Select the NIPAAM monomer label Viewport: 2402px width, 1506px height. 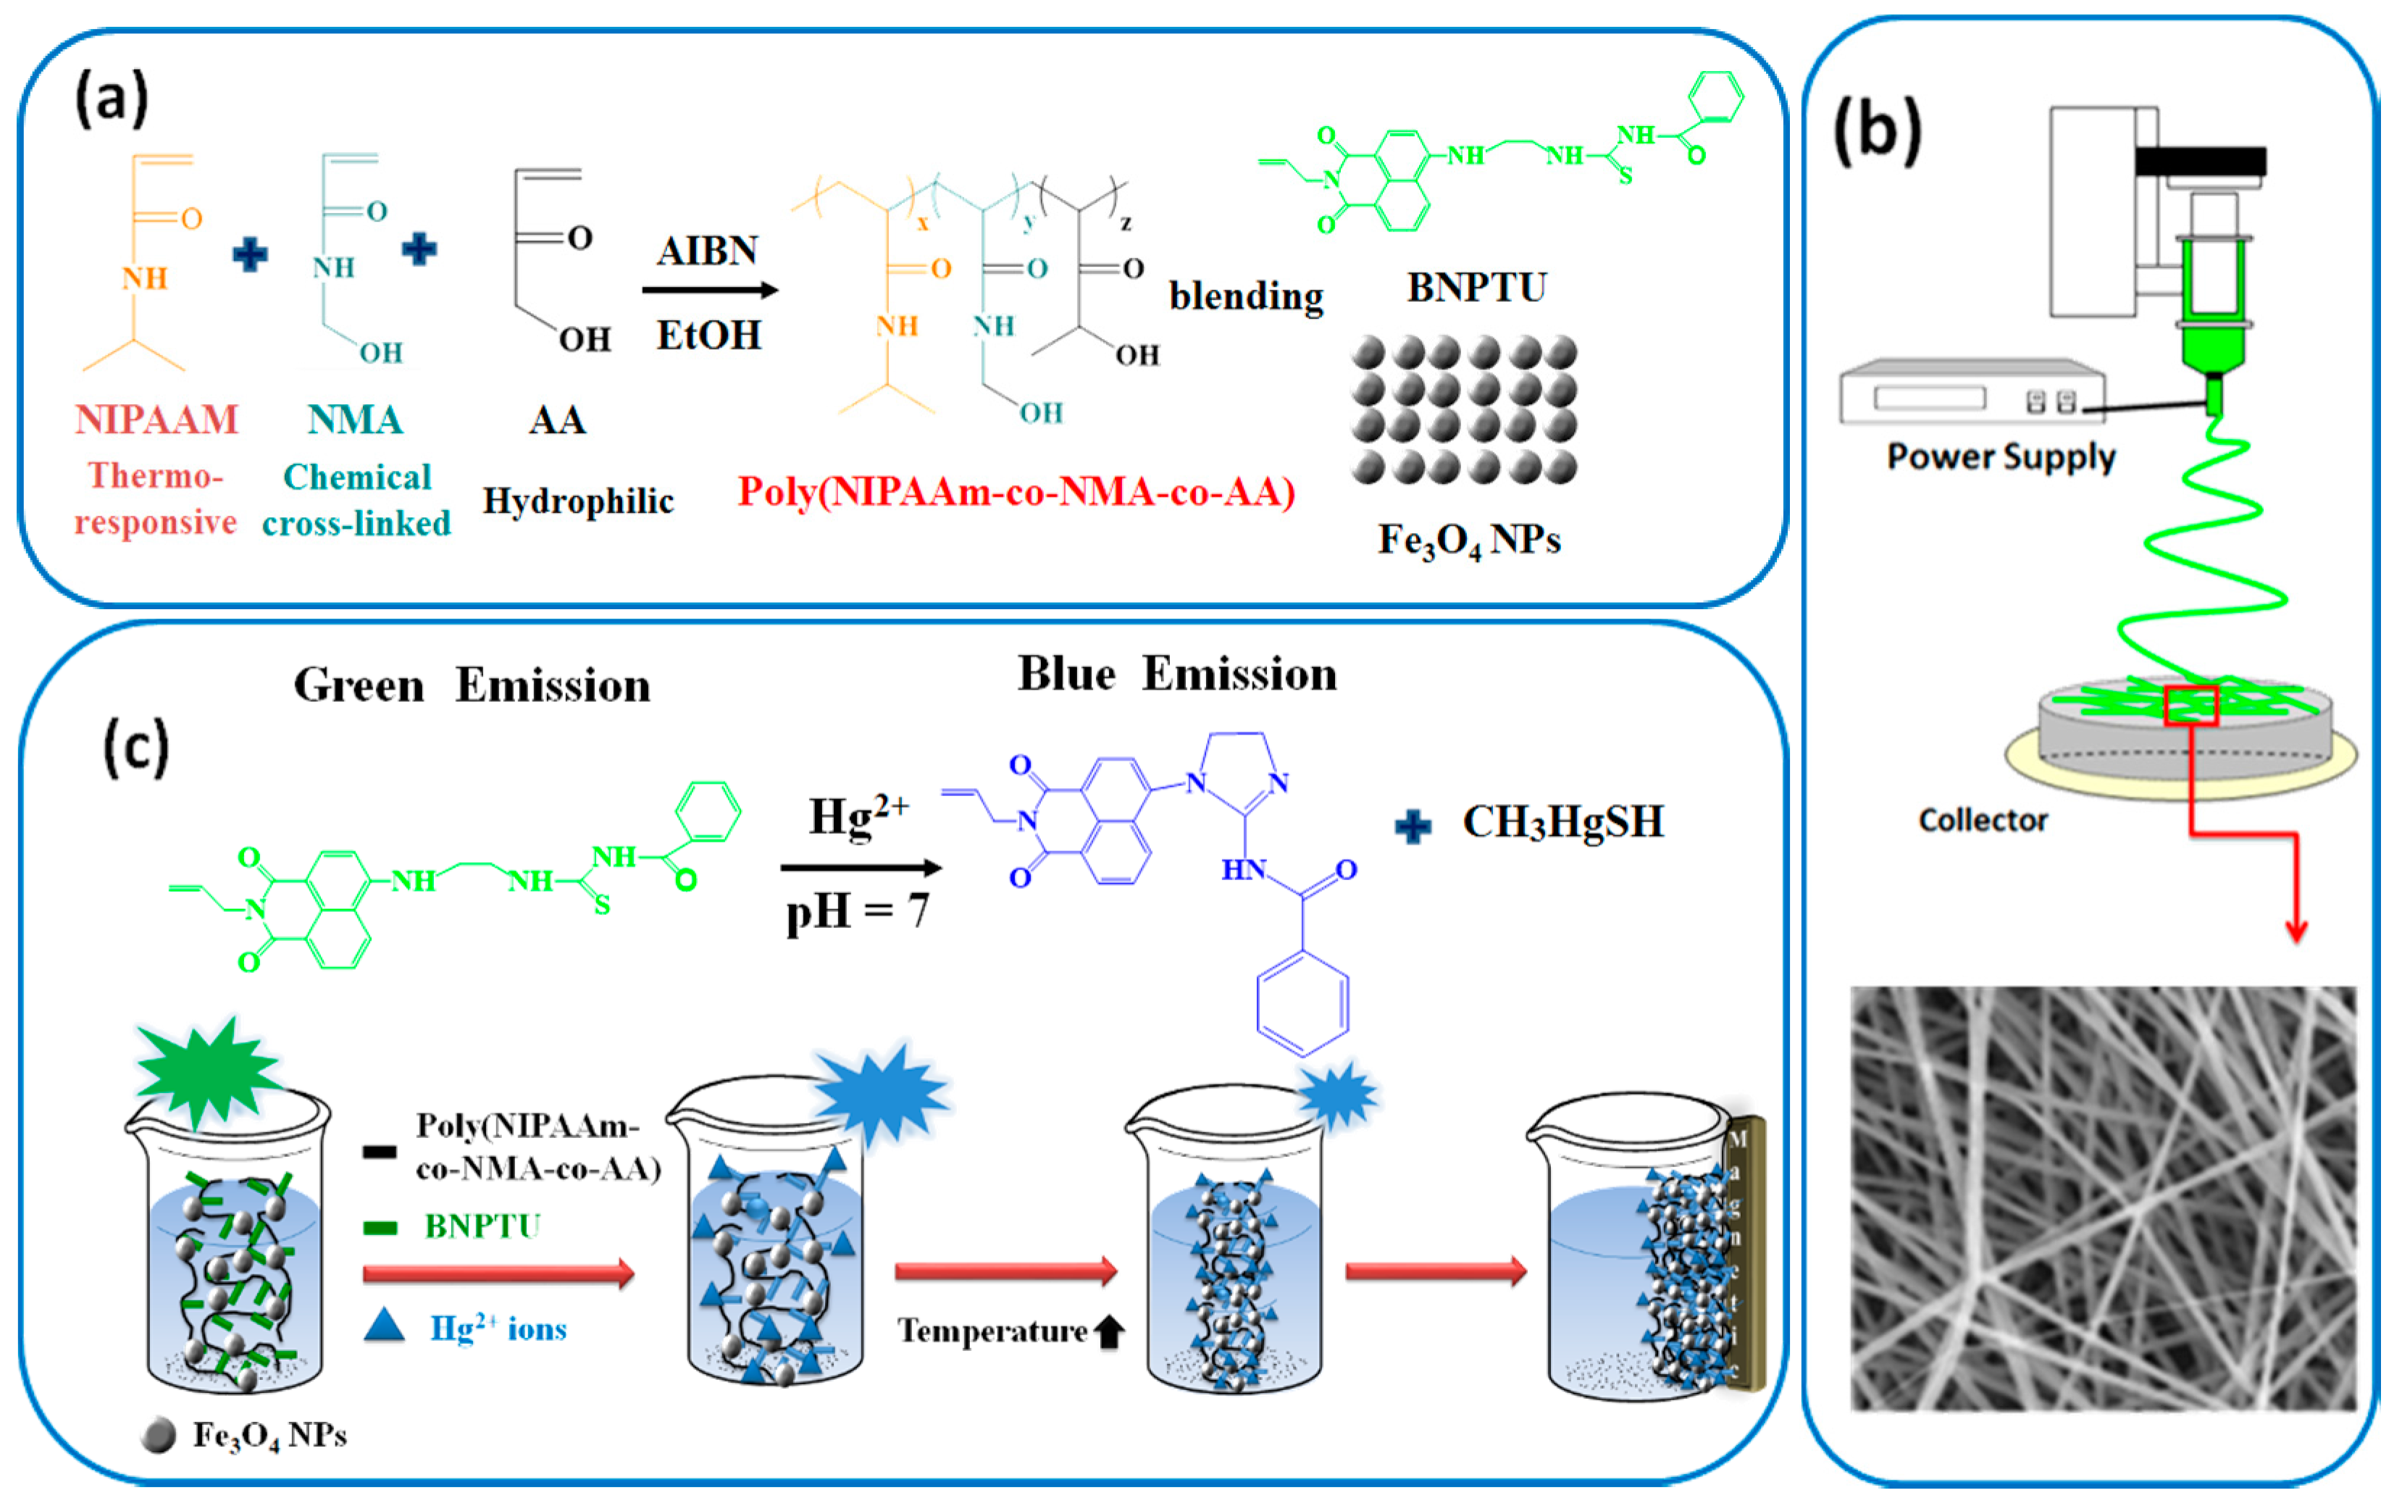[156, 419]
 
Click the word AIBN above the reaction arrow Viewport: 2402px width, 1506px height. [707, 250]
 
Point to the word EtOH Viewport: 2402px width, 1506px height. [708, 335]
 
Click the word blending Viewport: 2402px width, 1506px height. [1246, 296]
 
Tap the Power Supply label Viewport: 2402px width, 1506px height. [2001, 456]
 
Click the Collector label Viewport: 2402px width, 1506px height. [1983, 820]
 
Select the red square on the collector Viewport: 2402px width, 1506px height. [2191, 706]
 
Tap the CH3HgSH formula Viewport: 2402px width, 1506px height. [1562, 821]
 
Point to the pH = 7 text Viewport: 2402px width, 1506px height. [856, 911]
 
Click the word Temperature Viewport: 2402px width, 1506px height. [992, 1331]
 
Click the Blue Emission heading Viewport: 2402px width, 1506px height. [1176, 674]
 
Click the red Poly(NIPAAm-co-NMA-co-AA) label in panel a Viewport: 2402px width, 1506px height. [1015, 492]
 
